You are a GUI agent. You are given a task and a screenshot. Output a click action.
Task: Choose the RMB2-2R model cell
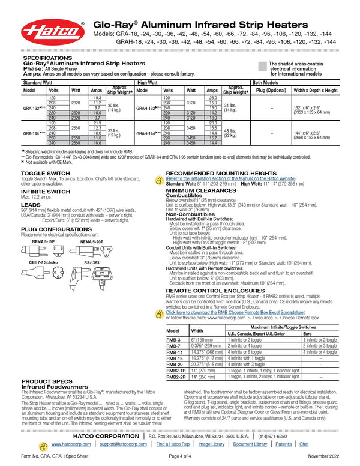(175, 377)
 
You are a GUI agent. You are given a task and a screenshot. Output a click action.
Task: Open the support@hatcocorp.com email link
(123, 444)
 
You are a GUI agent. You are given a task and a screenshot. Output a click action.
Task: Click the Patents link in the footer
(284, 444)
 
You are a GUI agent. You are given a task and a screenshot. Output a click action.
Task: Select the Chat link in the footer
(304, 444)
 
